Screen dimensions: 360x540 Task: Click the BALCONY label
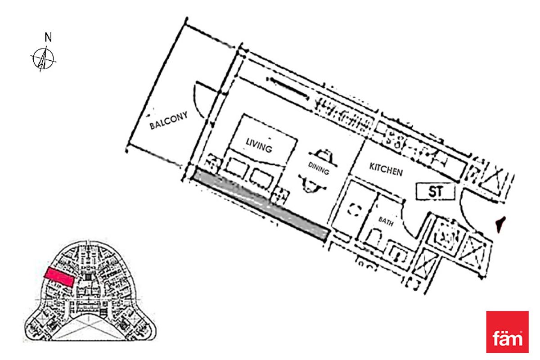click(168, 121)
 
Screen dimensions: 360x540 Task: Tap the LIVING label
click(259, 145)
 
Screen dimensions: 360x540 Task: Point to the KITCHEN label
click(386, 169)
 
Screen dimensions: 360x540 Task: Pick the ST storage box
click(435, 192)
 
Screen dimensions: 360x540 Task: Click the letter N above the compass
click(48, 38)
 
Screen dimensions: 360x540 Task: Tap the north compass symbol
click(44, 58)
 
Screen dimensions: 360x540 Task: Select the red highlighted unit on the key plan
click(59, 276)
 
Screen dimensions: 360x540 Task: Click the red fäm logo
click(507, 332)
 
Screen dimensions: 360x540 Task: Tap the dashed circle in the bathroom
click(356, 209)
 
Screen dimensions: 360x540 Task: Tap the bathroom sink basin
click(397, 254)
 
